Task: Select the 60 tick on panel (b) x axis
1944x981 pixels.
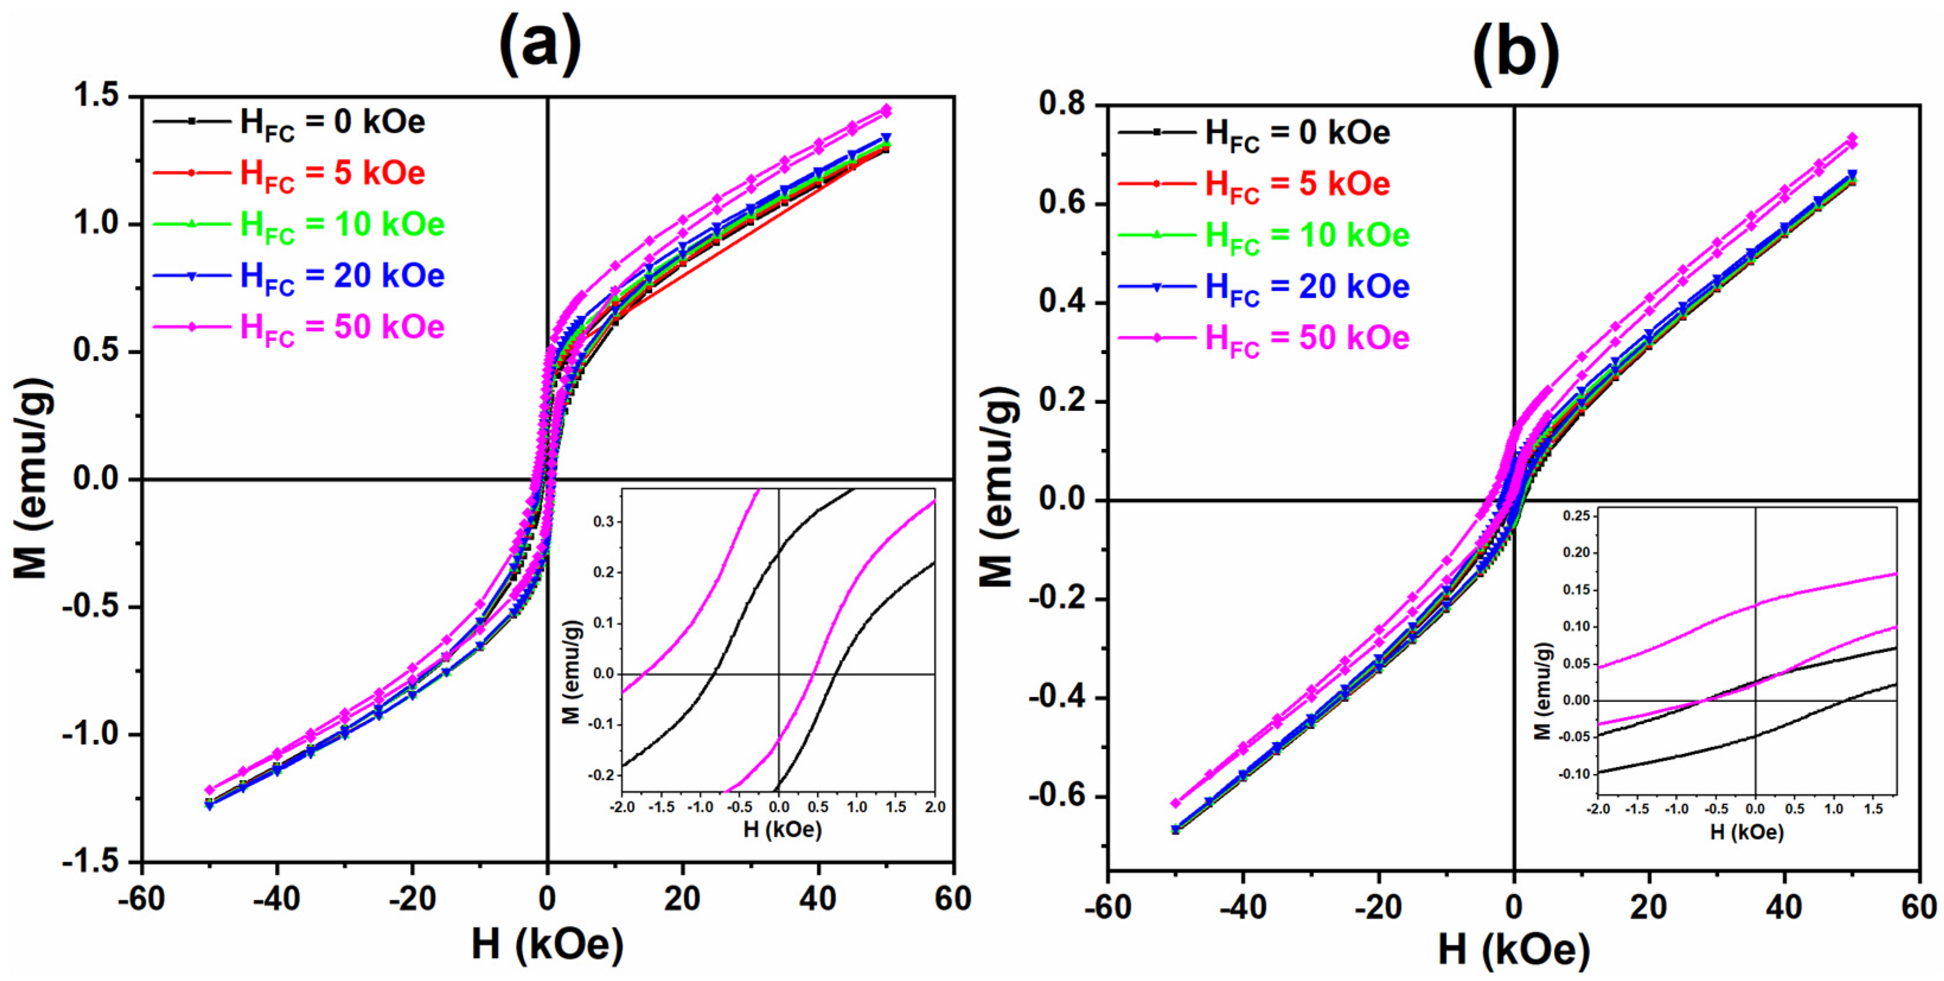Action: [1919, 906]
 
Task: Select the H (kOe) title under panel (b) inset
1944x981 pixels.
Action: [1746, 832]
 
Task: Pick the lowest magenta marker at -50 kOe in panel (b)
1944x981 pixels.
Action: [1176, 804]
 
